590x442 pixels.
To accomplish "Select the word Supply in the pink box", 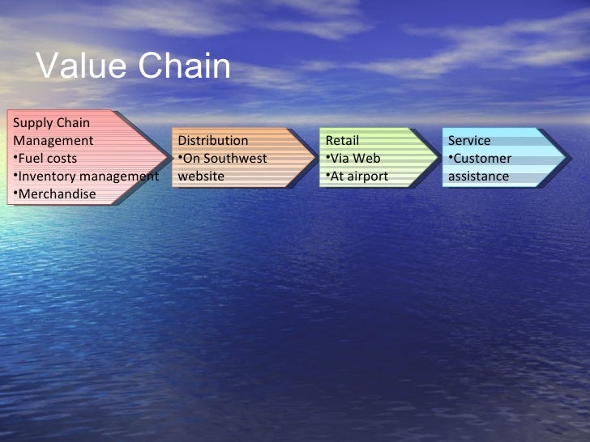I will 32,123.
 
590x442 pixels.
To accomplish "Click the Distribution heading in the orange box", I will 213,140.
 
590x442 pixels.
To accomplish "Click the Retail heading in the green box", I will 342,140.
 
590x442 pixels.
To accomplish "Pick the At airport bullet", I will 359,176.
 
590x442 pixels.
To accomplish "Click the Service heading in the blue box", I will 469,140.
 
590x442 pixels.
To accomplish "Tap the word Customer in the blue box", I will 482,158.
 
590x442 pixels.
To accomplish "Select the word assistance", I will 478,176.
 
